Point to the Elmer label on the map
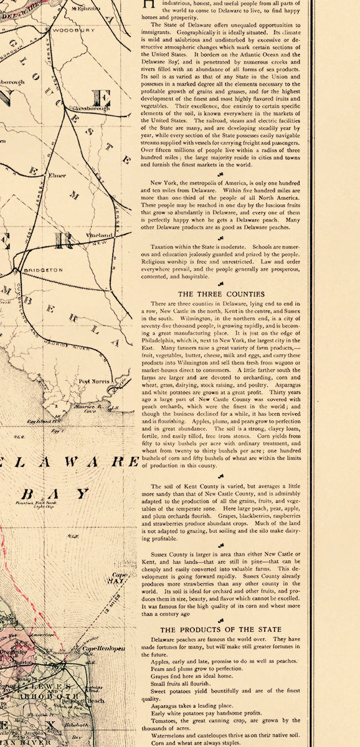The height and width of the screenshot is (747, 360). pos(57,176)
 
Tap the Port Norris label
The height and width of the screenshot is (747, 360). pos(93,381)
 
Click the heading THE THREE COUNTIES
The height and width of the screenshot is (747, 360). pos(221,293)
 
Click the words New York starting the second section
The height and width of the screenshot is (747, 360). pos(164,182)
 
